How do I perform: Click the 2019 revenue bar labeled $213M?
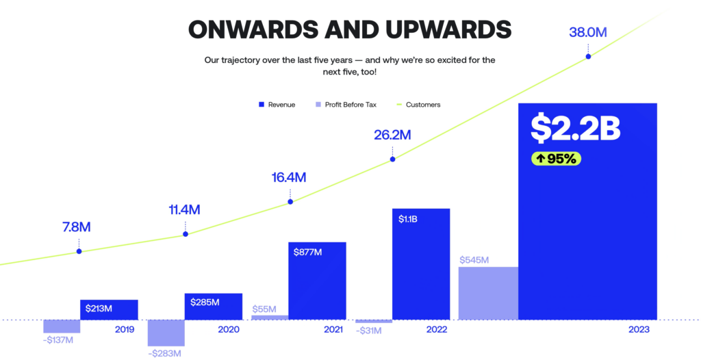(109, 309)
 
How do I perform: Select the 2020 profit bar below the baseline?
(166, 333)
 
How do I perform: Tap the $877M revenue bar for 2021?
(317, 281)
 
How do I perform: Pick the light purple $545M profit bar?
(488, 293)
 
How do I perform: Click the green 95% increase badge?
(557, 159)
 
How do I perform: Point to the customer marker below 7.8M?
(79, 251)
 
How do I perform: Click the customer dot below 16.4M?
(290, 201)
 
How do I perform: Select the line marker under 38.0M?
(588, 56)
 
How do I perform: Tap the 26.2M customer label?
(392, 135)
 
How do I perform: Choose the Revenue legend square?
(261, 105)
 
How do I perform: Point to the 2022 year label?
(436, 330)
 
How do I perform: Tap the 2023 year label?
(637, 330)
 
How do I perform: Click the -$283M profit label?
(165, 353)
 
